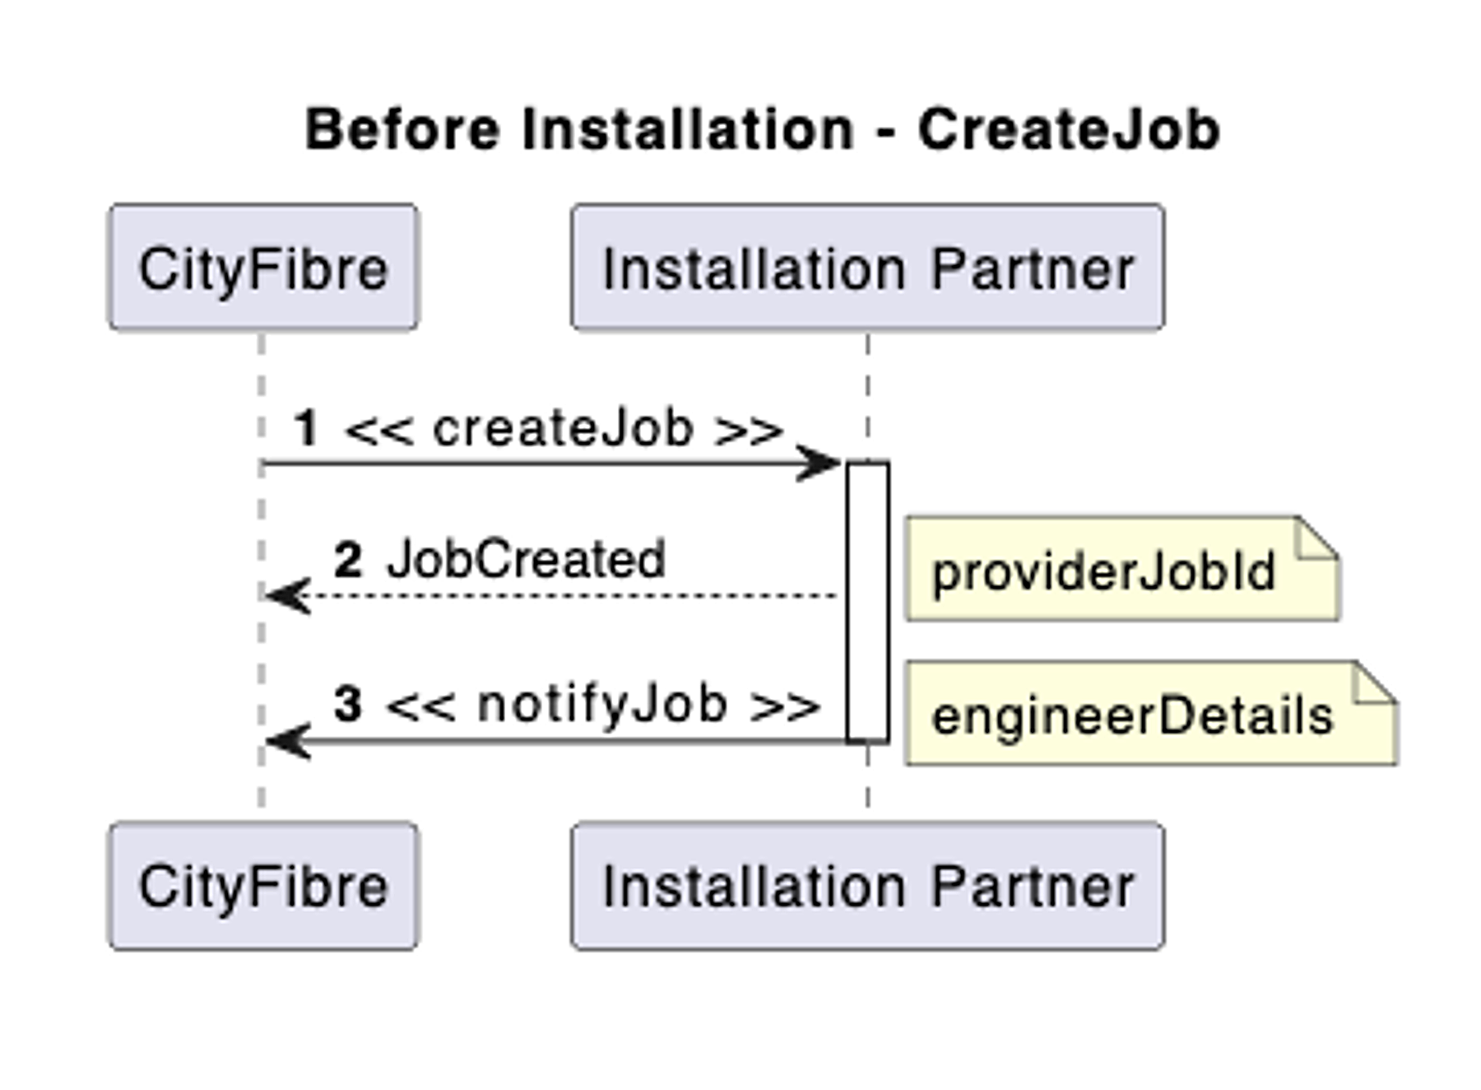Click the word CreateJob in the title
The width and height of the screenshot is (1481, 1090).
pos(1068,130)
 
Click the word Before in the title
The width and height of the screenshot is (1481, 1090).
pos(402,130)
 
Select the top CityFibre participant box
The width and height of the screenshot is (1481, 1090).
pos(263,268)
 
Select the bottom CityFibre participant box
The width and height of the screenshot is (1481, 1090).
pos(263,886)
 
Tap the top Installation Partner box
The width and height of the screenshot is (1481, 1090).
pos(868,268)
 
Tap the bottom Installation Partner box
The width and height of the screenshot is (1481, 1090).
pos(868,886)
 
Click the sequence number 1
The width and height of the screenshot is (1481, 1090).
pos(306,429)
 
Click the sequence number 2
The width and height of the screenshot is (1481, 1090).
pos(347,560)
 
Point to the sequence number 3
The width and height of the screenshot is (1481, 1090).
pos(347,705)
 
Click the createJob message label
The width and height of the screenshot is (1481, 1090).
pos(564,429)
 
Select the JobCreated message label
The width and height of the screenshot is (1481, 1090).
pos(526,560)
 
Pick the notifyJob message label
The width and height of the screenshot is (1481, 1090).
pos(602,705)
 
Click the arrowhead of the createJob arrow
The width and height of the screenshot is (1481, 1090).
pos(819,463)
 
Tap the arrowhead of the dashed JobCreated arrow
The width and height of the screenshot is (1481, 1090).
pos(286,595)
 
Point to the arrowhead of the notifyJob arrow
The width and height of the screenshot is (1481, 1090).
pos(286,741)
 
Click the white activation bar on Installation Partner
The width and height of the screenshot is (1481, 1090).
pos(868,601)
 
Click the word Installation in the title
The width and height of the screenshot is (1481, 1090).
pos(689,130)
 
